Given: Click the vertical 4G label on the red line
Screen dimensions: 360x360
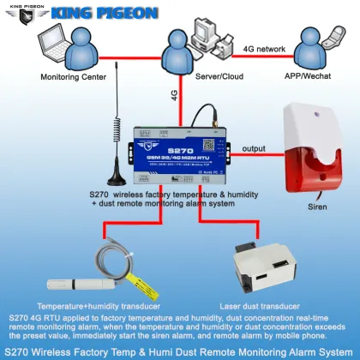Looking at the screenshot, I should (x=174, y=96).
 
